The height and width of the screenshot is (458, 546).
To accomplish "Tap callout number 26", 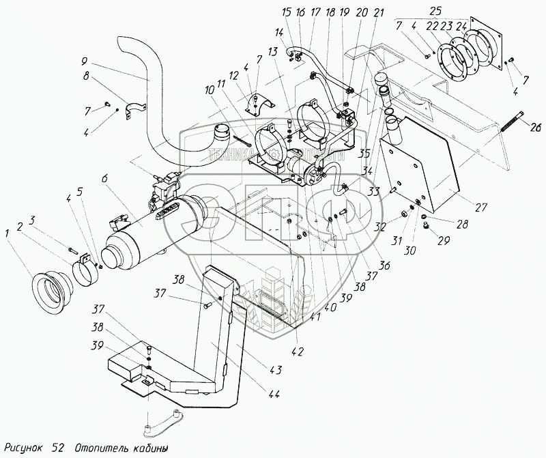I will click(536, 125).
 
